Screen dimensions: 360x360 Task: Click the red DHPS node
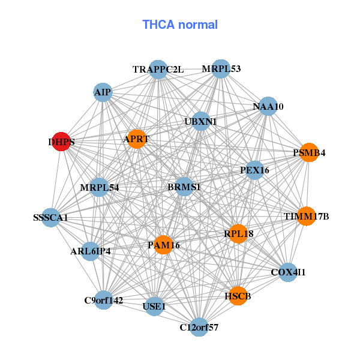[61, 142]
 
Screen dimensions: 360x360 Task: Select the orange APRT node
[136, 139]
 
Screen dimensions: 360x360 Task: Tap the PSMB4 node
[309, 152]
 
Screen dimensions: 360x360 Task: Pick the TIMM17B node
[307, 216]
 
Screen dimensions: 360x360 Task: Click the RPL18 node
[238, 233]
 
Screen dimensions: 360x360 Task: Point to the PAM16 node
[163, 244]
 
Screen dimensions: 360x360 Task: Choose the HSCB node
[238, 296]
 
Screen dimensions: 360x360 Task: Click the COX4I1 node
[288, 272]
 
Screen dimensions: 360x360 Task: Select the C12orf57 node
[199, 327]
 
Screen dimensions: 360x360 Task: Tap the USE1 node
[154, 307]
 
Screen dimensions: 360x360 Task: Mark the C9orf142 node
[104, 300]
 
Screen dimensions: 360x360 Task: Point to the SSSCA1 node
[50, 217]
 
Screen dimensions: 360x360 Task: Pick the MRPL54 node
[99, 187]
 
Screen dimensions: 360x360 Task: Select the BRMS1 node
[184, 187]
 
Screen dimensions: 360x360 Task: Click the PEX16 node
[254, 170]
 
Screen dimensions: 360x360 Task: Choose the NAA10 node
[268, 107]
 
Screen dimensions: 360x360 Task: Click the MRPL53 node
[221, 69]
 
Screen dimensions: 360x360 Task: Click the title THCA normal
[180, 25]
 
